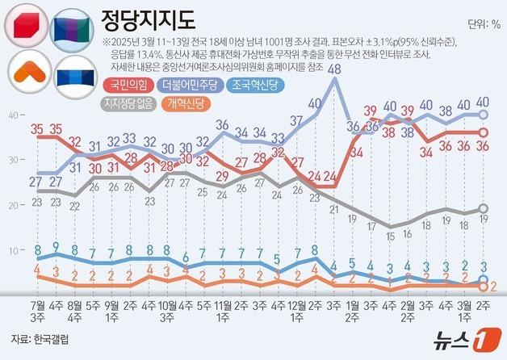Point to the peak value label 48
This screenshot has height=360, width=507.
(333, 69)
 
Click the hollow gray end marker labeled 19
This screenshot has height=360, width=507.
(484, 209)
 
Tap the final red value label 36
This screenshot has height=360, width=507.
(484, 146)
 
